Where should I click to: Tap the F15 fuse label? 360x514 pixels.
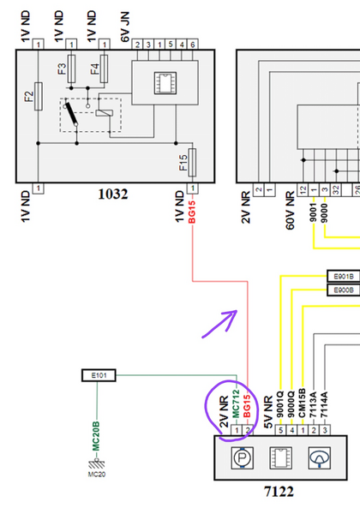183,162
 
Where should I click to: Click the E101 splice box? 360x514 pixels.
95,374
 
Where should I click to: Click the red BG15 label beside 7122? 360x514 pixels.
248,405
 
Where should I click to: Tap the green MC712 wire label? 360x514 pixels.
236,405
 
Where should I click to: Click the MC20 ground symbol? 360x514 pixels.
95,463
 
